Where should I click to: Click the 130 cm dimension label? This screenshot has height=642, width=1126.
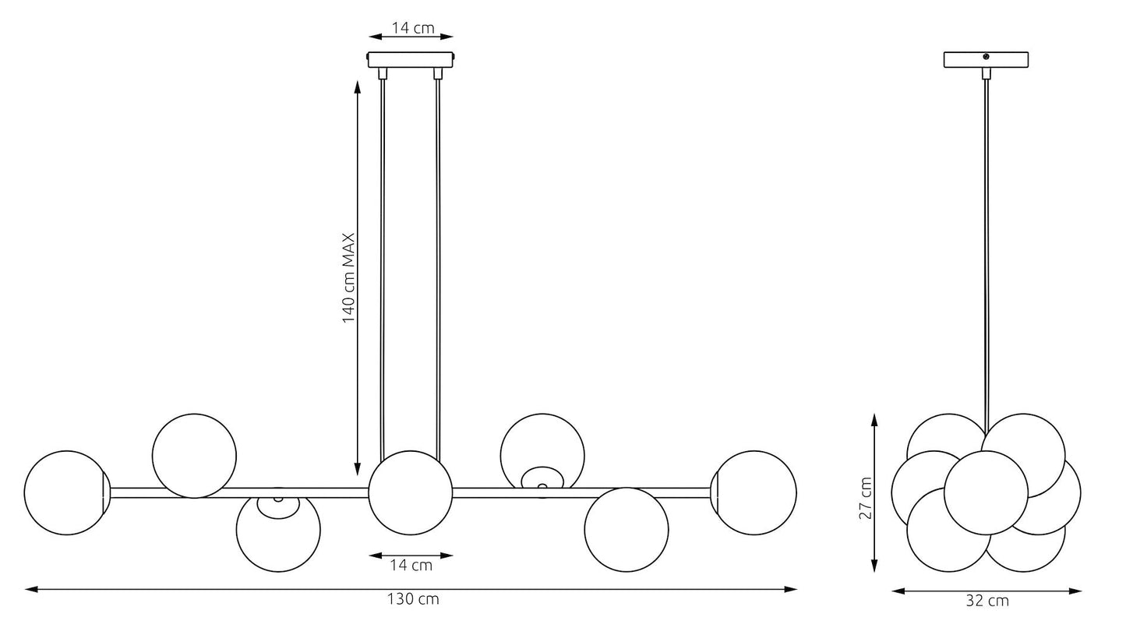click(413, 599)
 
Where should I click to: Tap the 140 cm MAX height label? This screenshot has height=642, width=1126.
click(348, 278)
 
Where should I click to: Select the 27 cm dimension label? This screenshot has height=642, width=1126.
click(866, 498)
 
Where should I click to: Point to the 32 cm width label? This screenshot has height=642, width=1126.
click(987, 601)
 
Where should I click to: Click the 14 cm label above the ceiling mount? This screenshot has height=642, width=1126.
click(413, 27)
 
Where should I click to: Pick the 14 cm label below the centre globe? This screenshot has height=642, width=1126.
click(411, 566)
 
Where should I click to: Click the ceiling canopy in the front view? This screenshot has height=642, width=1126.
click(411, 59)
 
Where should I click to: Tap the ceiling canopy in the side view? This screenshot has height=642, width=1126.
click(986, 59)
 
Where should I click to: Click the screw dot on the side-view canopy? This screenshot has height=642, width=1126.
click(986, 56)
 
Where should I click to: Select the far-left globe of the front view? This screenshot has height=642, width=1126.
click(66, 492)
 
